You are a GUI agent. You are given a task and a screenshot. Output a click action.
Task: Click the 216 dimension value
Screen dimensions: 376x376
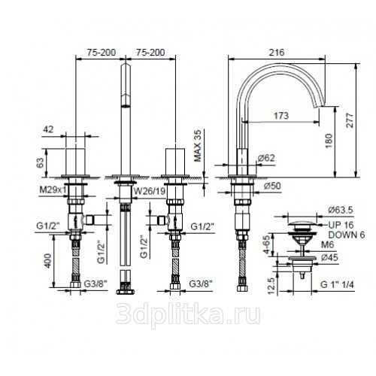(277, 52)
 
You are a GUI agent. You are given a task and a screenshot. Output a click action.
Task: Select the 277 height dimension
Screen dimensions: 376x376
(350, 120)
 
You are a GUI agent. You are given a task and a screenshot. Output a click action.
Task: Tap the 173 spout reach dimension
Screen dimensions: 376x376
(281, 116)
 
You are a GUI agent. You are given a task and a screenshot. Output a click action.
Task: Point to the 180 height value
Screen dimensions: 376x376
(329, 141)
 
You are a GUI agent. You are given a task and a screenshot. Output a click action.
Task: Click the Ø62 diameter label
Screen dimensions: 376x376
(266, 158)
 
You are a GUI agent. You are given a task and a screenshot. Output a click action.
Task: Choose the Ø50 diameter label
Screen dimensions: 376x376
(272, 186)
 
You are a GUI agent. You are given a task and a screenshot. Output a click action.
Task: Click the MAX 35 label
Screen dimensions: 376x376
(198, 146)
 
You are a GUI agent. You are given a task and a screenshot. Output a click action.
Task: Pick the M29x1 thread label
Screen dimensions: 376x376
(53, 190)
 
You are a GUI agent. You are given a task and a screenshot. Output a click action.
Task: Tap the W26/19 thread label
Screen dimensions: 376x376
(150, 191)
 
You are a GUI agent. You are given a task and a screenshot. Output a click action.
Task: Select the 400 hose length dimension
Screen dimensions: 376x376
(47, 261)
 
